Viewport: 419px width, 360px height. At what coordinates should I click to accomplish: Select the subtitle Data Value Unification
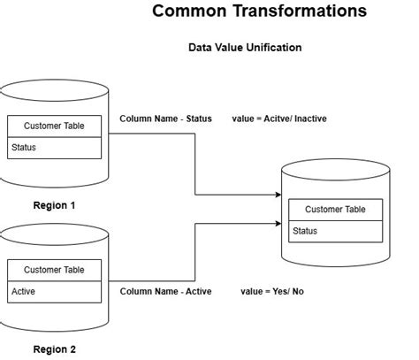[245, 47]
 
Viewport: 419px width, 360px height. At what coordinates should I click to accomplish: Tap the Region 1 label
[54, 205]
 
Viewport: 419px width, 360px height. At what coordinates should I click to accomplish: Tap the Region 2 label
[54, 349]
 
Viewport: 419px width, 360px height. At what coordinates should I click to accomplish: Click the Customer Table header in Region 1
[54, 126]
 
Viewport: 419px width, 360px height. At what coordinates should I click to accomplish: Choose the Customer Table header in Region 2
[54, 270]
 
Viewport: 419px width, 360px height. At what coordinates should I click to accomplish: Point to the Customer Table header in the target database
[335, 209]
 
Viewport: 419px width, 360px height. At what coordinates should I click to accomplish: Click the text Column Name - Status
[165, 119]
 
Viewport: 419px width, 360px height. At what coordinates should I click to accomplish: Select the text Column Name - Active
[165, 291]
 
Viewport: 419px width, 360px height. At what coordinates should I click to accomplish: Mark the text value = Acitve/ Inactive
[278, 119]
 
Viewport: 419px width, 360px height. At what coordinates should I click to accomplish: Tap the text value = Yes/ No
[271, 291]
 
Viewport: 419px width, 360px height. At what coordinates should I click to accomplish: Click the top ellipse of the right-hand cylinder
[335, 171]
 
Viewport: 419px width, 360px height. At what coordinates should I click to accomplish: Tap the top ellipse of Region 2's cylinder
[54, 234]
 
